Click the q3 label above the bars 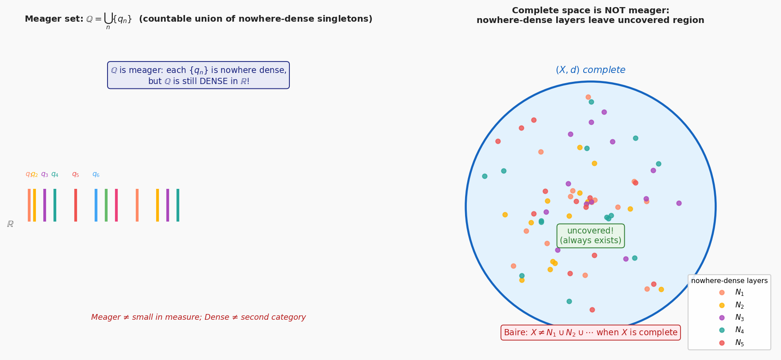[45, 174]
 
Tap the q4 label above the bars [55, 174]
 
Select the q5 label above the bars [76, 174]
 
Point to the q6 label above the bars [96, 174]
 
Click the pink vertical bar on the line [116, 205]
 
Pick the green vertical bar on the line [106, 205]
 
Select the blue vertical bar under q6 [96, 205]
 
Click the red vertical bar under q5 [76, 205]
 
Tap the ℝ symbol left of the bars [10, 224]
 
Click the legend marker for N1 [722, 292]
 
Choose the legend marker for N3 [722, 318]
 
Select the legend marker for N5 [722, 343]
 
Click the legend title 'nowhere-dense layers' [729, 281]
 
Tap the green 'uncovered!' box [591, 236]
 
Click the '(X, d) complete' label [591, 70]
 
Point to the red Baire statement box [591, 333]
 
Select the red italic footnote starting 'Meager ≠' [198, 317]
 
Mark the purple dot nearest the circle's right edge [679, 203]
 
